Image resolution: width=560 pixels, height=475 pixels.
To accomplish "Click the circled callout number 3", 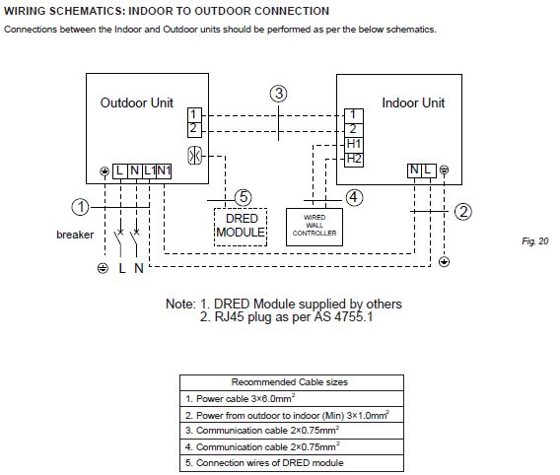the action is pos(279,94).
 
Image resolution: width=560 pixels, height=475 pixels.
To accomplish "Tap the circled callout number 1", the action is pos(81,207).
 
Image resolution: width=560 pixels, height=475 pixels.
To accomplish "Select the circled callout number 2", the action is pos(463,212).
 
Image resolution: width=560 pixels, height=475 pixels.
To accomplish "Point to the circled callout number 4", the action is pos(354,197).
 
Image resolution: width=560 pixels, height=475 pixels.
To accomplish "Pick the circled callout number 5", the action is pos(244,197).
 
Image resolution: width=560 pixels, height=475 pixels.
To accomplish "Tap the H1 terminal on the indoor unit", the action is pos(354,144).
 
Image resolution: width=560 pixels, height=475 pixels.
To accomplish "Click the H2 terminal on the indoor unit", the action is pos(354,160).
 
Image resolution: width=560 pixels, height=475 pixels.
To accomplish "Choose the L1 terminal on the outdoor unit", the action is pos(149,170).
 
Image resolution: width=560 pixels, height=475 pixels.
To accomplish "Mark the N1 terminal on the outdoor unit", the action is pos(164,170).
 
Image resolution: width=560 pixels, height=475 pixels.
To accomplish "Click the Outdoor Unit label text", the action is pos(137,102).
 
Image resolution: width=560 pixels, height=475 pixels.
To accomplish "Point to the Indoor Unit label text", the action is pos(413,102).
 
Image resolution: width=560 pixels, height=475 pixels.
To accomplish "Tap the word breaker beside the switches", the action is pos(75,235).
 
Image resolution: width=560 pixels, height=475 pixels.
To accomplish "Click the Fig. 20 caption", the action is pos(535,241).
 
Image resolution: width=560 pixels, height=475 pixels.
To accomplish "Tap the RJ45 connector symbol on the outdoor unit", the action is pos(194,156).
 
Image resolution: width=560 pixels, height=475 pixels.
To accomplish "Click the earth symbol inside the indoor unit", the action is pos(444,170).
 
